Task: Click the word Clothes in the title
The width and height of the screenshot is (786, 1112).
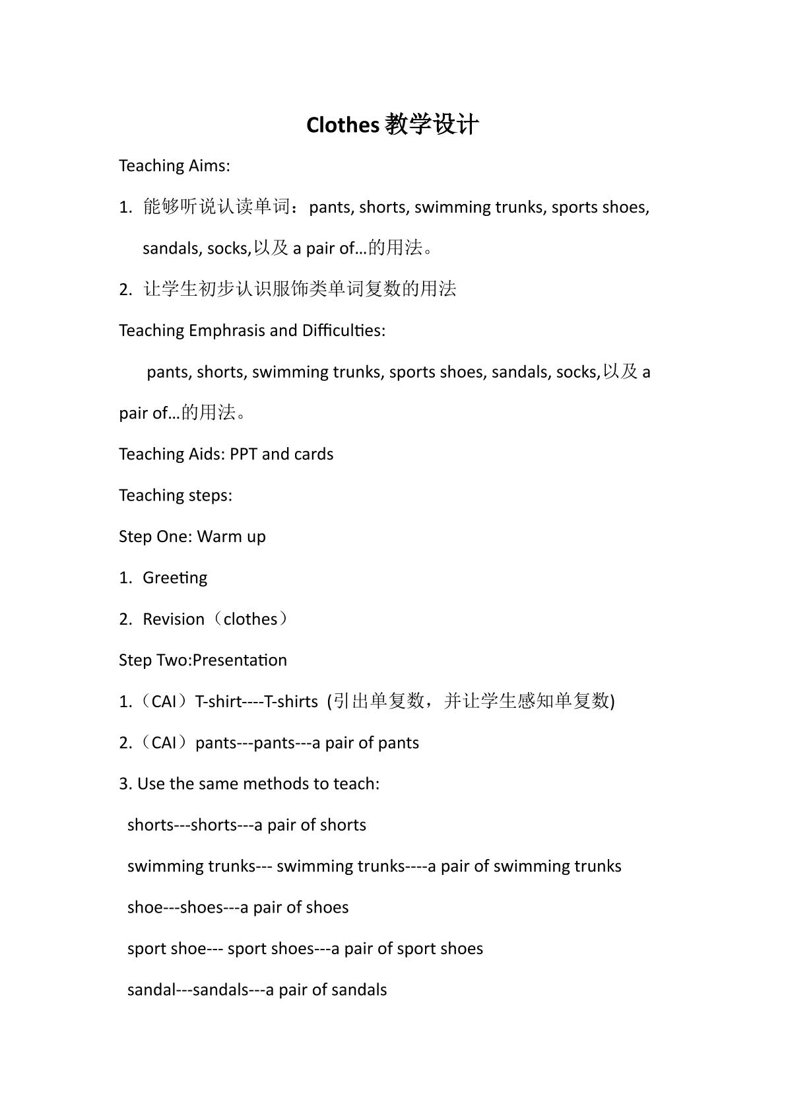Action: (x=343, y=125)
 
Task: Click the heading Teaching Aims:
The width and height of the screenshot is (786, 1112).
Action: (x=174, y=166)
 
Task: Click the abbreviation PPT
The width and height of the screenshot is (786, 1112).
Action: (x=244, y=454)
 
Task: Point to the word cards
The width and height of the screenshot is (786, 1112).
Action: (x=314, y=454)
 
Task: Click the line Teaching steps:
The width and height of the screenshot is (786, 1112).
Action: (x=175, y=495)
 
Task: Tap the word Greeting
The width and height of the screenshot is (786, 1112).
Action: (x=175, y=578)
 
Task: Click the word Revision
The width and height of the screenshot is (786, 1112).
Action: (x=174, y=619)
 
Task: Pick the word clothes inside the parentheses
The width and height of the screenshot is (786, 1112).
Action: (x=250, y=619)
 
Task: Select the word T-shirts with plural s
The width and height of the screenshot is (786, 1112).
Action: (x=291, y=701)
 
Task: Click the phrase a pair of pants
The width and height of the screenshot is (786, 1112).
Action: (x=366, y=743)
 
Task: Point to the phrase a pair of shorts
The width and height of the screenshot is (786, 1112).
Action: (x=310, y=825)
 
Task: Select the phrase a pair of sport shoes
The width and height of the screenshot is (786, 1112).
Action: (x=407, y=949)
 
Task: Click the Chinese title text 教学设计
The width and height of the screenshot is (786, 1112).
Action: (x=432, y=125)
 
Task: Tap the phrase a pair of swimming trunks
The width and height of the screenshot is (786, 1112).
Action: (x=525, y=866)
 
